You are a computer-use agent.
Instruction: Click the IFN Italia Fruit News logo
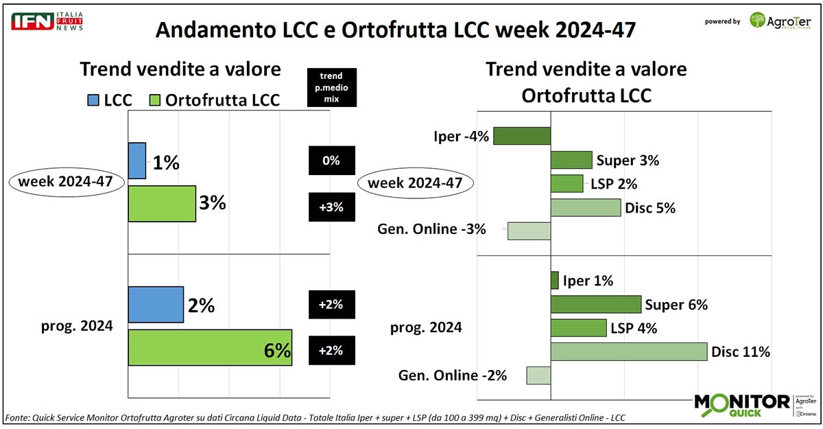[x=47, y=21]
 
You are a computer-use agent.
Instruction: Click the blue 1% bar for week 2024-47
[x=137, y=161]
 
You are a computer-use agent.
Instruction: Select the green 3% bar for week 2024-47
[x=162, y=204]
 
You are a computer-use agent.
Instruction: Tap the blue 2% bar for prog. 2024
[x=156, y=305]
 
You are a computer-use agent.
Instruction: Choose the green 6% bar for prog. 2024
[x=210, y=348]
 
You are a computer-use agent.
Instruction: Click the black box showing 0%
[x=331, y=161]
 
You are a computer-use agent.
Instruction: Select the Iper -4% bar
[x=522, y=136]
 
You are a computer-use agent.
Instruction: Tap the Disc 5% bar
[x=586, y=207]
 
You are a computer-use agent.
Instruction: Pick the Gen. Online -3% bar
[x=529, y=231]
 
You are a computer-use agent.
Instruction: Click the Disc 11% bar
[x=629, y=351]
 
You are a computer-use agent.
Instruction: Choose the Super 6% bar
[x=596, y=304]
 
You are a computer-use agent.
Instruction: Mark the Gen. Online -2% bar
[x=538, y=375]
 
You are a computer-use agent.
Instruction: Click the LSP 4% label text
[x=634, y=329]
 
